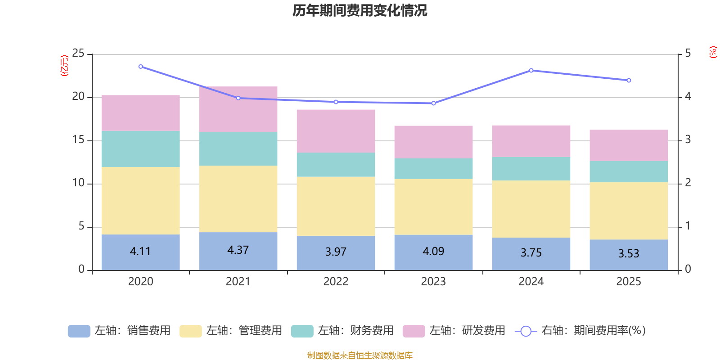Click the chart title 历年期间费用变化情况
click(x=360, y=10)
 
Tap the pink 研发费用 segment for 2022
click(x=336, y=131)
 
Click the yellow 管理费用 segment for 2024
click(x=531, y=209)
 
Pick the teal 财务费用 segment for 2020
click(x=140, y=149)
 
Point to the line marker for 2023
click(x=433, y=103)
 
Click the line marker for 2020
click(x=141, y=67)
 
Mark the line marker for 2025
click(x=629, y=81)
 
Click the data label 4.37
click(x=238, y=250)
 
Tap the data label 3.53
click(x=629, y=254)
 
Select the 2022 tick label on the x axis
click(x=336, y=282)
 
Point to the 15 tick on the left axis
click(x=78, y=140)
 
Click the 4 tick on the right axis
click(x=688, y=97)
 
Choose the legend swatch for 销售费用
click(x=79, y=331)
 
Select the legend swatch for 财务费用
click(x=302, y=331)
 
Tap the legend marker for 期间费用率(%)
click(x=526, y=331)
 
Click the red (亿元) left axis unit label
click(x=65, y=66)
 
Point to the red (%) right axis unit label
click(x=713, y=52)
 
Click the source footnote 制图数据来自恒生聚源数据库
click(x=360, y=355)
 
